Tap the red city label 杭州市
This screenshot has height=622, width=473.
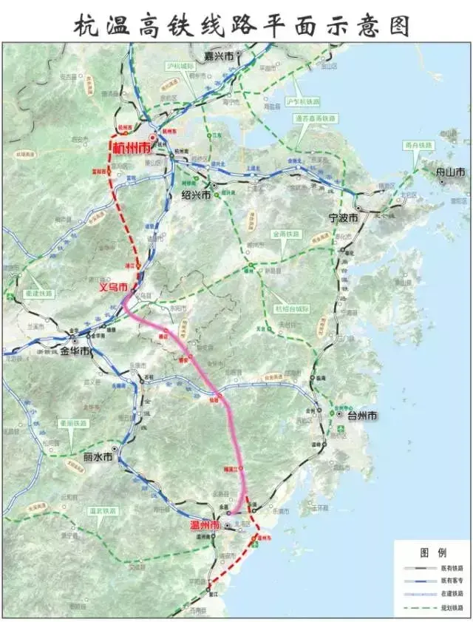(131, 147)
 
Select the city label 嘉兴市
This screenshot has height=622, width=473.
(220, 55)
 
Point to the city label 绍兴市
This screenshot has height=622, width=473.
(196, 195)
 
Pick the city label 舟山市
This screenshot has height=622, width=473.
(451, 172)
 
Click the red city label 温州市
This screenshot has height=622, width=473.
(205, 525)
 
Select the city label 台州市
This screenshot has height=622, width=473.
(362, 416)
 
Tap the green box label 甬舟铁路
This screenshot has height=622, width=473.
(418, 146)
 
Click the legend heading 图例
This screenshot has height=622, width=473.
(432, 552)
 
